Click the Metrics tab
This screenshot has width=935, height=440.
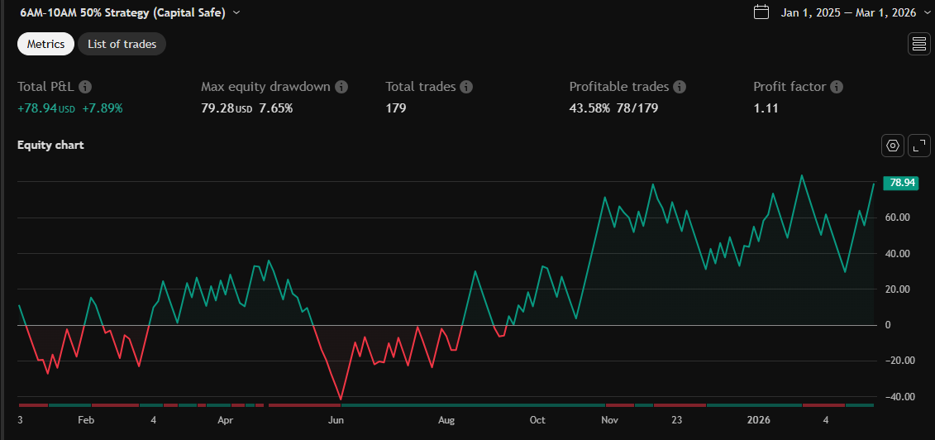45,44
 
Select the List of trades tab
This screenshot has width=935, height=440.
122,44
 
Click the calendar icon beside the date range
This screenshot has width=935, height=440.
761,12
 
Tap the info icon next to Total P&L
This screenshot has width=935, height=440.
85,87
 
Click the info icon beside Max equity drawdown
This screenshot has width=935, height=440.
341,87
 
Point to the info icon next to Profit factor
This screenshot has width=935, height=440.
837,87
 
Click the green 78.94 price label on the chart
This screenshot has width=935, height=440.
899,183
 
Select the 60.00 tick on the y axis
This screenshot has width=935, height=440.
898,218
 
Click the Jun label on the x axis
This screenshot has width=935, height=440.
336,419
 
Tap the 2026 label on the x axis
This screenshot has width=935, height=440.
758,419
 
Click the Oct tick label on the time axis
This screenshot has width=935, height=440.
537,419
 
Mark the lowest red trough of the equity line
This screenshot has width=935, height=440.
341,399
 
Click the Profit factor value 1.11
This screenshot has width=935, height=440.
766,108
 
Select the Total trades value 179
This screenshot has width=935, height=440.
396,108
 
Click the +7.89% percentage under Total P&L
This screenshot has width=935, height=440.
103,108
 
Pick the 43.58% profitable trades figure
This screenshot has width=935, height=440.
589,108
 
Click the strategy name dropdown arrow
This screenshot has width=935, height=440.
237,12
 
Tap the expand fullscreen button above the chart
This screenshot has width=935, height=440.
919,146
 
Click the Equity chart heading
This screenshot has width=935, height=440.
50,145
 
